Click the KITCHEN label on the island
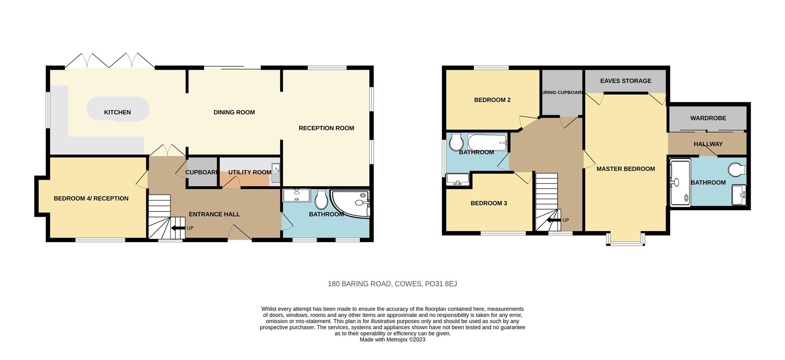[x=117, y=112]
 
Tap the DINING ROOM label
[x=234, y=112]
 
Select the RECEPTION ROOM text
[x=326, y=128]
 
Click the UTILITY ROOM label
[x=249, y=172]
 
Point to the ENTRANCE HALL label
[x=214, y=214]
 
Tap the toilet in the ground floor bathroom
[x=321, y=200]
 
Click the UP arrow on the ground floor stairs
[x=178, y=228]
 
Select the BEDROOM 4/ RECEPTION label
[x=91, y=198]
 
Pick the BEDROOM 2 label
[x=492, y=100]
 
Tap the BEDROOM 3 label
[x=489, y=203]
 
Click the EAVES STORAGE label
[x=626, y=81]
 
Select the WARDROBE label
[x=708, y=118]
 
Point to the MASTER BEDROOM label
[x=626, y=169]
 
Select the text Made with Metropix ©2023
[x=392, y=340]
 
